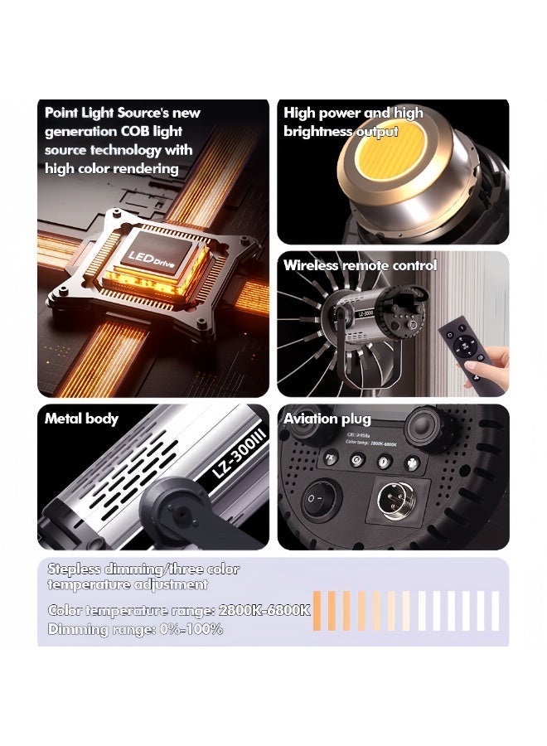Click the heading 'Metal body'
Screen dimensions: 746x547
81,419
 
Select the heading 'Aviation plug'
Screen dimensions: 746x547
327,419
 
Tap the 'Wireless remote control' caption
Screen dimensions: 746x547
360,266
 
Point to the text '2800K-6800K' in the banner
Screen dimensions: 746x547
264,611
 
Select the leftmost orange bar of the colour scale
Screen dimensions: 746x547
317,611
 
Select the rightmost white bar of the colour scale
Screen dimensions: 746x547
496,611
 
